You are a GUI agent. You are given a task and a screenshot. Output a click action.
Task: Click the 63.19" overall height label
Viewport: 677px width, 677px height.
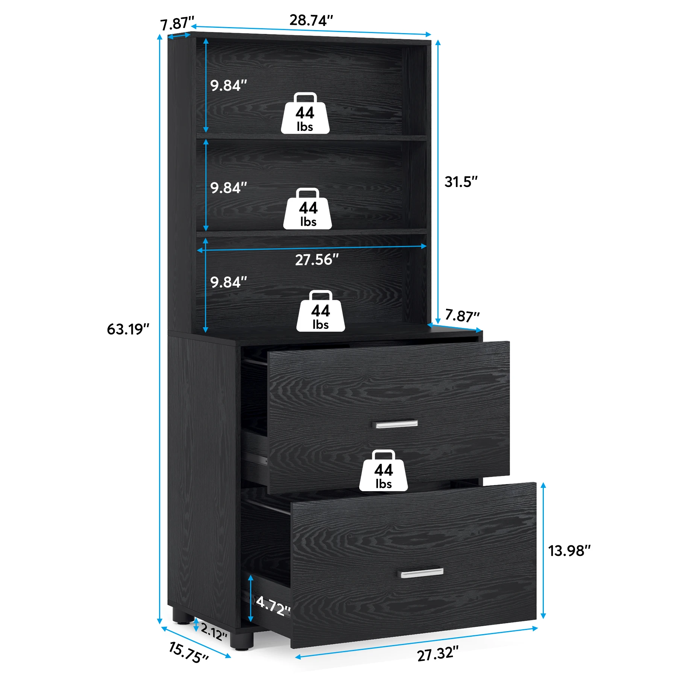[x=128, y=329]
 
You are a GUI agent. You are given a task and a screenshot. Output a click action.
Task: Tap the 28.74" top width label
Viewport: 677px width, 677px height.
[x=311, y=20]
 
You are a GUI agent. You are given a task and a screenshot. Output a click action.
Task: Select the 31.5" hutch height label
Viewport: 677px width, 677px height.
[x=461, y=182]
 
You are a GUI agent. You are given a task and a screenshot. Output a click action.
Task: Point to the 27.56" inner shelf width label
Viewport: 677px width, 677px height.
[x=317, y=260]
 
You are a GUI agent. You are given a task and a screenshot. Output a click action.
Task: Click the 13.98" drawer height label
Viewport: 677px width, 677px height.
[x=569, y=551]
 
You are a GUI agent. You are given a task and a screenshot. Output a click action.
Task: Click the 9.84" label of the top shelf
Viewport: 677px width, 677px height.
[x=228, y=86]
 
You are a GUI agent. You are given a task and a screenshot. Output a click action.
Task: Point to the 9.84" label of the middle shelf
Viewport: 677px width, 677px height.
[x=228, y=188]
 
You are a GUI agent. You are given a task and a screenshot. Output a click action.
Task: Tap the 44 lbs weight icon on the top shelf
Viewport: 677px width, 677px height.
[x=305, y=114]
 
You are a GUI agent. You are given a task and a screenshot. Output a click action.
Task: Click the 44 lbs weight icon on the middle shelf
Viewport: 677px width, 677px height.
[x=308, y=209]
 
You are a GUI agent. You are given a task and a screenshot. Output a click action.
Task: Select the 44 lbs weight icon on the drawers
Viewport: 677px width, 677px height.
[x=383, y=471]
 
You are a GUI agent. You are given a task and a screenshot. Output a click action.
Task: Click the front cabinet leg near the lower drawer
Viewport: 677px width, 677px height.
[x=241, y=641]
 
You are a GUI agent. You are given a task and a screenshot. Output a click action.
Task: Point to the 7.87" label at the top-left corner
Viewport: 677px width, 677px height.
[x=177, y=24]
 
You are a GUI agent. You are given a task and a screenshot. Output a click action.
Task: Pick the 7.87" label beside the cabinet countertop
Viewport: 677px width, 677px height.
[x=462, y=315]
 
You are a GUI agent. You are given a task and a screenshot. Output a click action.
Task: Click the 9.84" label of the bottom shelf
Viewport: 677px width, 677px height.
[x=228, y=282]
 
